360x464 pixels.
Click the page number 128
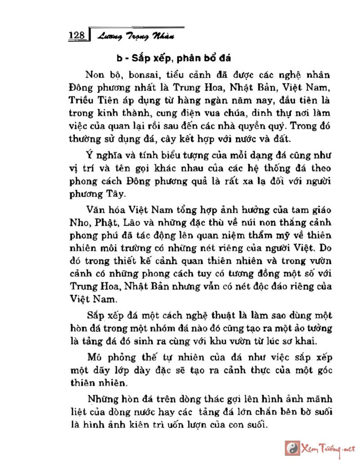coord(77,36)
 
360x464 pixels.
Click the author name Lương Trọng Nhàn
coord(135,36)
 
